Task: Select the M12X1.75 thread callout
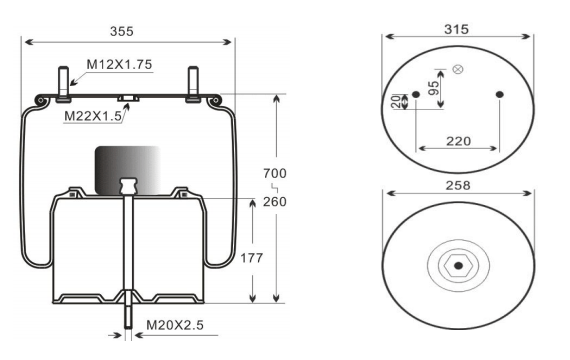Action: (x=118, y=64)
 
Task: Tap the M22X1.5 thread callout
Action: (x=94, y=116)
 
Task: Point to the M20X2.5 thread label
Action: (x=178, y=324)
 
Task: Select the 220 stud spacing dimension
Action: (x=457, y=141)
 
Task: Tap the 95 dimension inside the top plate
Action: (x=433, y=86)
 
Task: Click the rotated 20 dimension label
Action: (x=396, y=101)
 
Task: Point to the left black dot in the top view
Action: (x=416, y=96)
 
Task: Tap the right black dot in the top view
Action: (x=501, y=96)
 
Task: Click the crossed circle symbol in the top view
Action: (x=458, y=69)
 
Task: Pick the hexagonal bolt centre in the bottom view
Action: (x=458, y=266)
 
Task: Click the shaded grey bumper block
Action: (x=127, y=168)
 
